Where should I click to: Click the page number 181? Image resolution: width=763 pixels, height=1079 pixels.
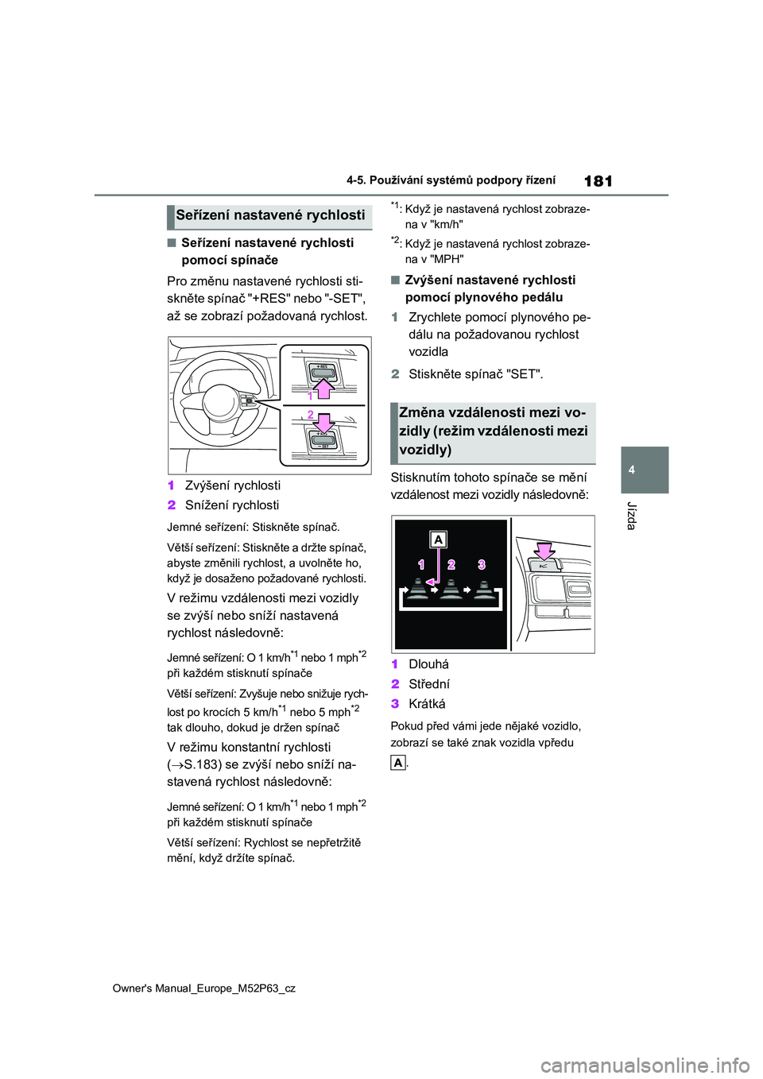(x=598, y=181)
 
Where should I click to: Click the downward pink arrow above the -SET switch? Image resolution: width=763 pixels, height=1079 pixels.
(x=323, y=423)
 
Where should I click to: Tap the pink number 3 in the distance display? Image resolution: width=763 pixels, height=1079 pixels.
(x=482, y=565)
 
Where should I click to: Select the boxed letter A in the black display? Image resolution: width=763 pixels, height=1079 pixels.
(x=438, y=540)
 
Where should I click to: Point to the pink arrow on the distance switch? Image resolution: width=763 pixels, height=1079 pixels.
(x=544, y=551)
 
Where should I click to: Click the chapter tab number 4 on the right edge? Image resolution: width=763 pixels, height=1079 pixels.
(x=632, y=470)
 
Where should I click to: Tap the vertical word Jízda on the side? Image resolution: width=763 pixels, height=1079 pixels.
(x=632, y=516)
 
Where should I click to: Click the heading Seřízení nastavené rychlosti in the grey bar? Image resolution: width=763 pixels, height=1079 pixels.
(x=270, y=215)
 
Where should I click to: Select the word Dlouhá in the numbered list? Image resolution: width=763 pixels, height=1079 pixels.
(x=428, y=664)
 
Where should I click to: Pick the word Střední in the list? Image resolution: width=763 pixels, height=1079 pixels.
(x=429, y=684)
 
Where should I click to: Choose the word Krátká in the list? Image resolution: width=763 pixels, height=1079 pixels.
(x=427, y=704)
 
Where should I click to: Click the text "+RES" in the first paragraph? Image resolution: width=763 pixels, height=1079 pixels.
(x=269, y=299)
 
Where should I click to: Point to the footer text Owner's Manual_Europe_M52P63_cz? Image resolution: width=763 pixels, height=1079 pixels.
(x=204, y=988)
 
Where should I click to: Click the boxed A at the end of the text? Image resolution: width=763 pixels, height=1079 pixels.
(x=398, y=763)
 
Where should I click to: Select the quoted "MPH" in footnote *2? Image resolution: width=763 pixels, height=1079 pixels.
(x=447, y=259)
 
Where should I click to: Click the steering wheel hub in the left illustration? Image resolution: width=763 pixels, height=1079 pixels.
(x=219, y=400)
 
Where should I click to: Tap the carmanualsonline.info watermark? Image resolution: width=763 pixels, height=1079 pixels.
(x=645, y=1065)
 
